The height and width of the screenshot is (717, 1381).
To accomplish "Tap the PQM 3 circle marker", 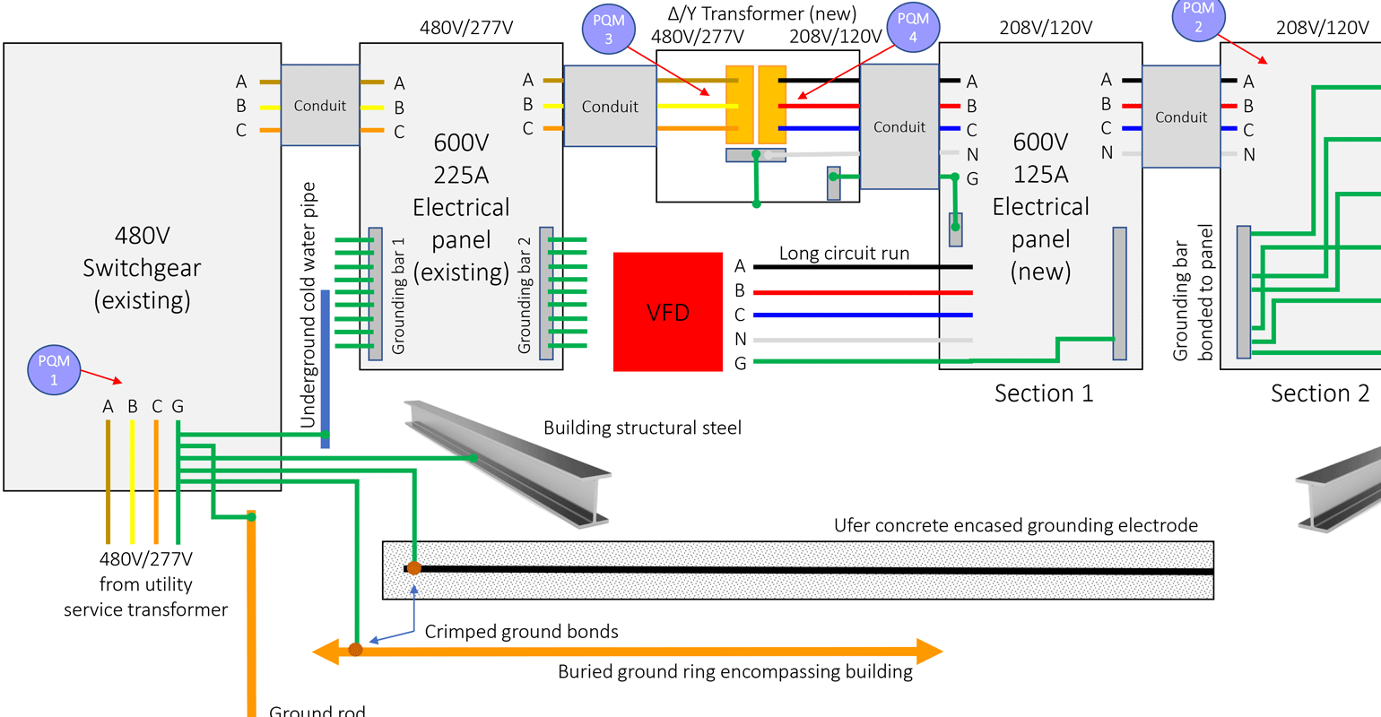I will point(609,29).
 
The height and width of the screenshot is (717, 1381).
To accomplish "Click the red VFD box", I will point(668,312).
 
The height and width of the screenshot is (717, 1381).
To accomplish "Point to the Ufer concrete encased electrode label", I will point(1015,525).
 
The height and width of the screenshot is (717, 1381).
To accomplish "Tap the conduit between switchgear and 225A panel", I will point(320,106).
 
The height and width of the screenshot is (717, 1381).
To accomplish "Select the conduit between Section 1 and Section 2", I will point(1181,117).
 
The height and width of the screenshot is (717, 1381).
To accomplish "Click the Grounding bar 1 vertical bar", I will point(376,293).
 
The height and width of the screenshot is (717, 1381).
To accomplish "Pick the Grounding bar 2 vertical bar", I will point(546,293).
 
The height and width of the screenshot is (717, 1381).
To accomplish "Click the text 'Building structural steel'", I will point(642,428).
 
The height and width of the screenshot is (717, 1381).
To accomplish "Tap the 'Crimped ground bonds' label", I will point(521,632).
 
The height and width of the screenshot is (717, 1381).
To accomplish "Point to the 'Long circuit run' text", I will point(844,254).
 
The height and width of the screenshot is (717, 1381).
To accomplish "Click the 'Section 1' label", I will point(1044,393).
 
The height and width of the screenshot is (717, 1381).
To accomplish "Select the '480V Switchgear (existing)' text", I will point(142,267).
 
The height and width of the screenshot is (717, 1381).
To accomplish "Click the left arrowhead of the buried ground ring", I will point(326,652).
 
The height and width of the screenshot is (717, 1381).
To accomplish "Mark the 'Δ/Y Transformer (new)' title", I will point(762,13).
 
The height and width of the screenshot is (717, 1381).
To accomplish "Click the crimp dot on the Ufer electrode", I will point(413,568).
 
